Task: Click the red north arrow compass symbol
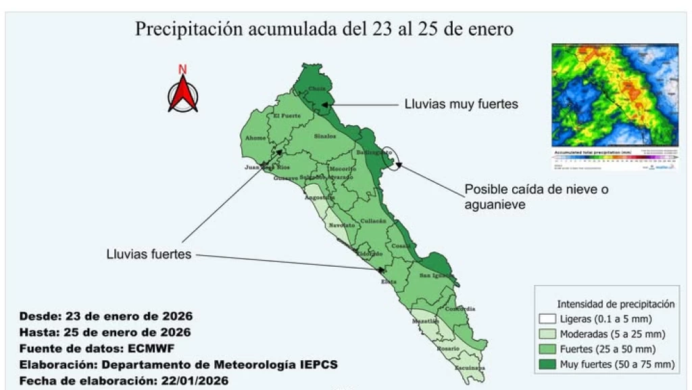(x=182, y=90)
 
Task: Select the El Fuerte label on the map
(x=286, y=116)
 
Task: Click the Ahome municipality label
(x=255, y=138)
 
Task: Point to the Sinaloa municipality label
(x=324, y=136)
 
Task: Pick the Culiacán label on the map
(x=373, y=221)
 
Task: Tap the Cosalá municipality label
(x=401, y=246)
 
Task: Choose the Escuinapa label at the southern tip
(x=471, y=368)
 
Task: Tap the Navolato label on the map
(x=342, y=225)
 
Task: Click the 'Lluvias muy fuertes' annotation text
(x=461, y=104)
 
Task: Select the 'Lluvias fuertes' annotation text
(x=149, y=255)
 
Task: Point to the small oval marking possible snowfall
(x=391, y=156)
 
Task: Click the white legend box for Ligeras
(x=547, y=319)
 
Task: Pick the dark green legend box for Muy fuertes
(x=547, y=364)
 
